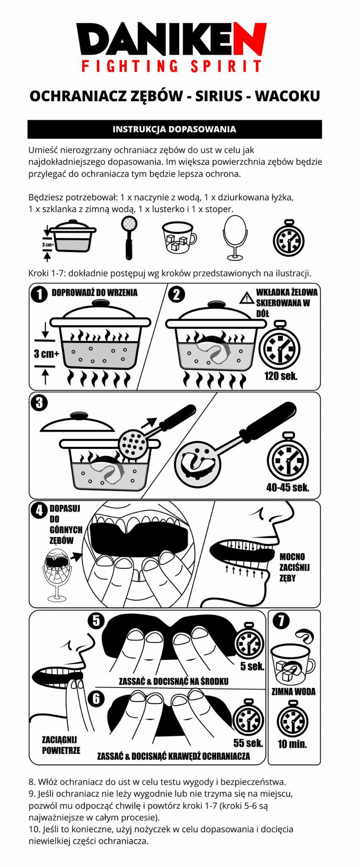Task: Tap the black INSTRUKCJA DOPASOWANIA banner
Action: pos(174,129)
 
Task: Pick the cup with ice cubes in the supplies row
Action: pos(179,238)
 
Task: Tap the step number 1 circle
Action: pos(40,294)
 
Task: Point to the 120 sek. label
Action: pos(281,375)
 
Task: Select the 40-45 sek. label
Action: pos(288,487)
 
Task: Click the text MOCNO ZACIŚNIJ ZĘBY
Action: pos(294,567)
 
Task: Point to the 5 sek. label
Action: pos(252,666)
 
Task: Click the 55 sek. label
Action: pos(248,743)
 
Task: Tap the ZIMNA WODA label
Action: pos(294,692)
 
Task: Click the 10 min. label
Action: pos(292,744)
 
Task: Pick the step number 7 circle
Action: pos(282,621)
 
